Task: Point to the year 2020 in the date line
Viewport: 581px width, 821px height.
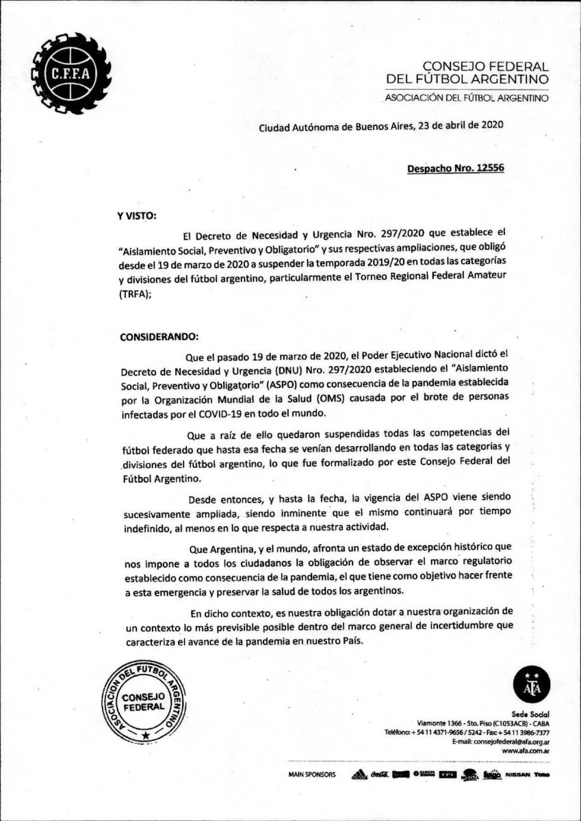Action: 492,125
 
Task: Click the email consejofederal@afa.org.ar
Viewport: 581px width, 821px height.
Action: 503,741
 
